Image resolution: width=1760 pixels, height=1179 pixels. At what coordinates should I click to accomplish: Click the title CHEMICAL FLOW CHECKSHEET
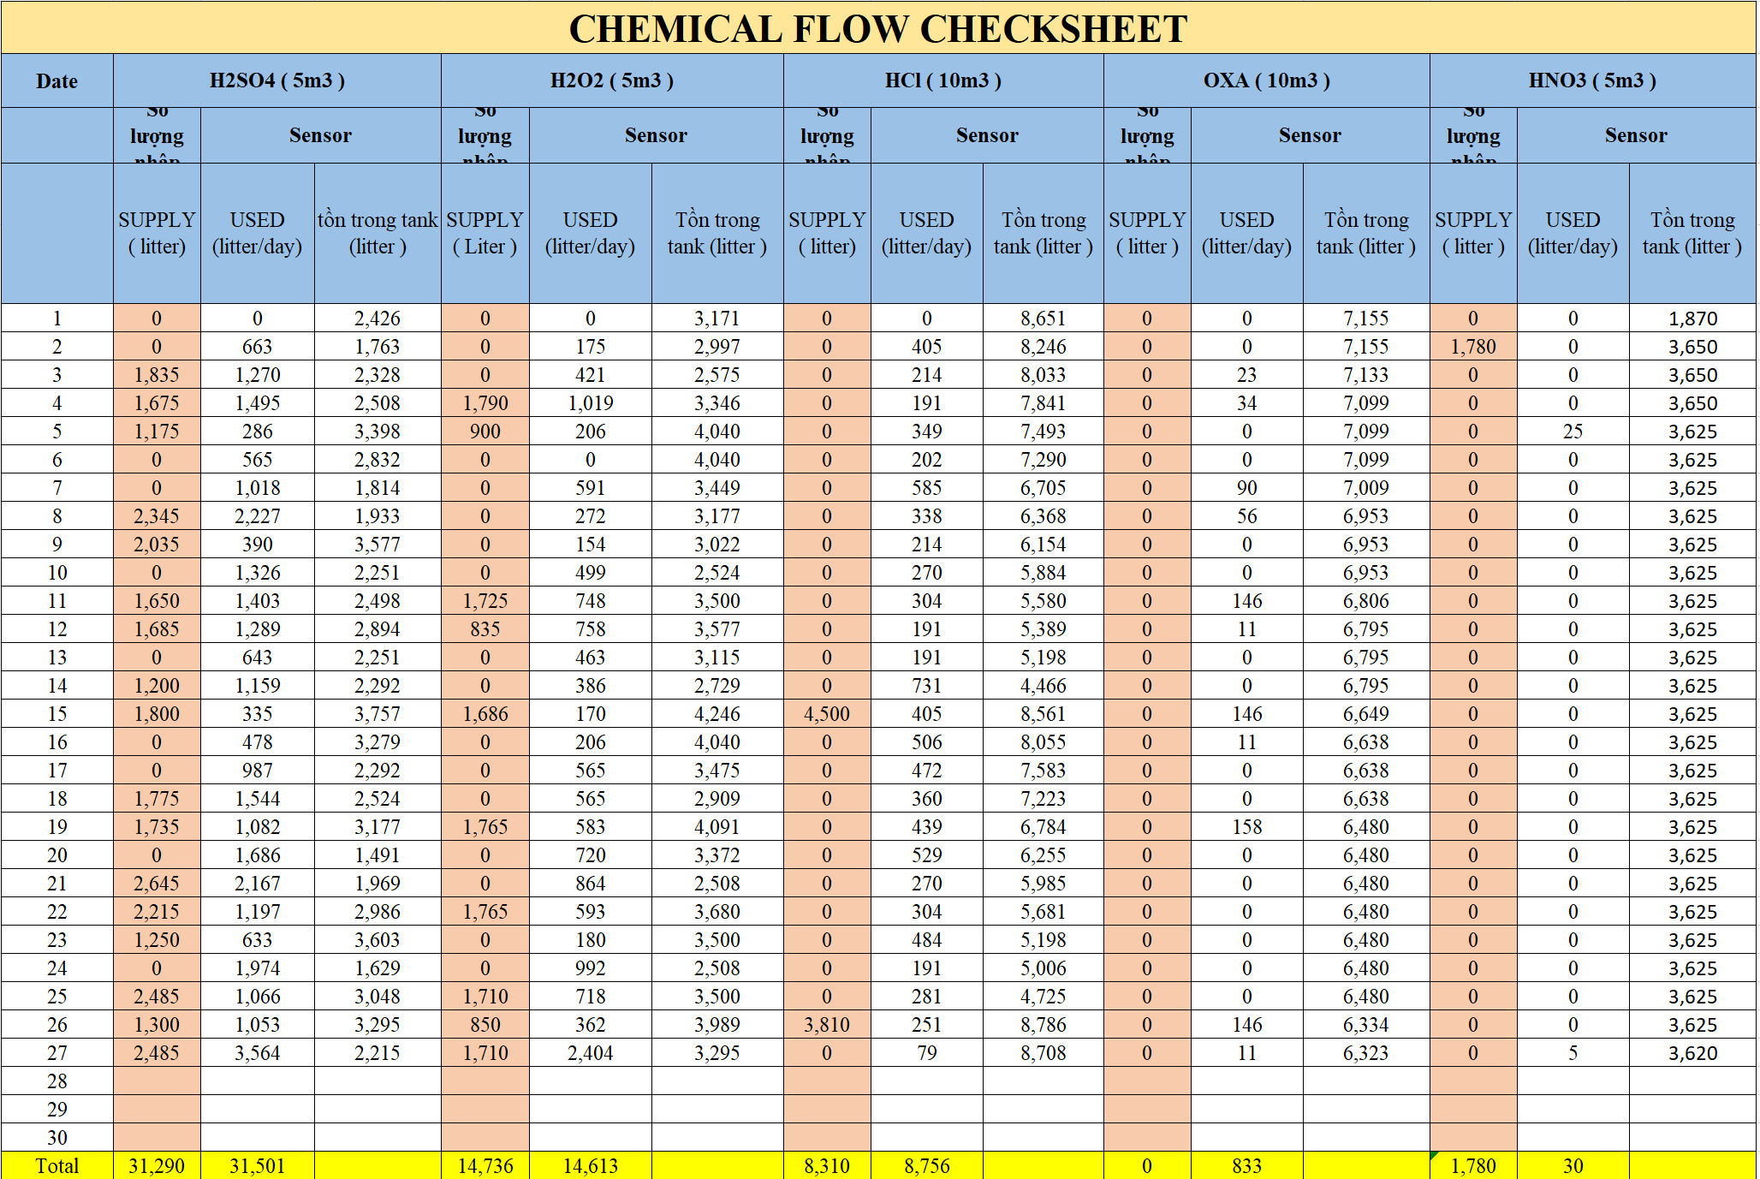[x=878, y=29]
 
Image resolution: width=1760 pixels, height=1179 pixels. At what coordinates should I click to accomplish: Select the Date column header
[x=56, y=81]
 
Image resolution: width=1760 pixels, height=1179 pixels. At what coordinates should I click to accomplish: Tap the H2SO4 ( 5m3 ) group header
[x=277, y=80]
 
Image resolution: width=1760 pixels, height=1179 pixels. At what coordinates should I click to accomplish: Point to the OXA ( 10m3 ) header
[x=1266, y=80]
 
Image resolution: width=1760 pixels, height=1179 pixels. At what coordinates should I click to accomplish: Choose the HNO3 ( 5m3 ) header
[x=1592, y=80]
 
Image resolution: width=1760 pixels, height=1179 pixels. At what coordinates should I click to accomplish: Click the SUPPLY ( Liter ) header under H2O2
[x=485, y=233]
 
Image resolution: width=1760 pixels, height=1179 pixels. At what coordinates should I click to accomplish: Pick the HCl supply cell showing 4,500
[x=827, y=714]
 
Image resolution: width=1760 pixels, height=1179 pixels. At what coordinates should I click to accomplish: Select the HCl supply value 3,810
[x=827, y=1025]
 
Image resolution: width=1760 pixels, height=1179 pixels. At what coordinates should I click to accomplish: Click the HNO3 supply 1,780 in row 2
[x=1473, y=347]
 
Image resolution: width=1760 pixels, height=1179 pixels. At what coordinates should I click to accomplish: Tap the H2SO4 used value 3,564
[x=257, y=1053]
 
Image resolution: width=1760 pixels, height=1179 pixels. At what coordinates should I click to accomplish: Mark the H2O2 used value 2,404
[x=590, y=1053]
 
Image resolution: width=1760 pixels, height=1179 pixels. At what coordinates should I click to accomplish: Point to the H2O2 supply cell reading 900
[x=485, y=432]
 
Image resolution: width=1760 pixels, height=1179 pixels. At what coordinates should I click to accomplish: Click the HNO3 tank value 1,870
[x=1692, y=319]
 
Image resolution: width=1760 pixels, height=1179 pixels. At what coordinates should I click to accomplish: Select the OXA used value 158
[x=1246, y=827]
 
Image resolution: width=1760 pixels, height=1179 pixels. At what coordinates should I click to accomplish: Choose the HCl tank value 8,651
[x=1043, y=319]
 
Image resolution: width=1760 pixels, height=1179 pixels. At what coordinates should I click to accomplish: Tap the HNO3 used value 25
[x=1573, y=432]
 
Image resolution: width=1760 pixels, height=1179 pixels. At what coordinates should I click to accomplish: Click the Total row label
[x=56, y=1166]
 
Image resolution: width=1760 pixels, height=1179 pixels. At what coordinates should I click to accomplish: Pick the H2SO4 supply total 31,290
[x=157, y=1166]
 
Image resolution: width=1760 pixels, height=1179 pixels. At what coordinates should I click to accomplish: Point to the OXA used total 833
[x=1246, y=1166]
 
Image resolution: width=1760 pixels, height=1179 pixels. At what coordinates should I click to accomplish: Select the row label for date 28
[x=56, y=1081]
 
